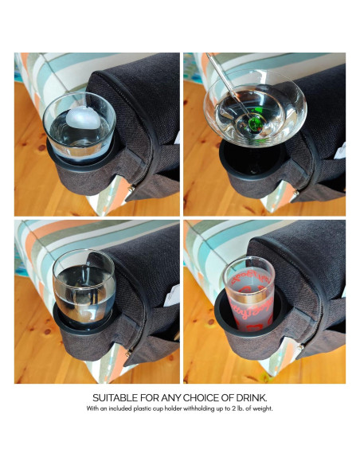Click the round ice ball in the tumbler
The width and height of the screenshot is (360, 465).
tap(84, 119)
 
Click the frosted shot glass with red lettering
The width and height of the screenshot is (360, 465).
tap(248, 295)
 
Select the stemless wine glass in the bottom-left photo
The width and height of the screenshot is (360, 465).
tap(84, 290)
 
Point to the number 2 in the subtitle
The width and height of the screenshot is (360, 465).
tap(233, 408)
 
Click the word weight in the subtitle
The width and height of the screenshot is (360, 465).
tap(262, 408)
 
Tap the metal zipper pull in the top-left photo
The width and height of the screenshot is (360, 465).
tap(131, 188)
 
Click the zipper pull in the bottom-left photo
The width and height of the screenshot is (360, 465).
tap(128, 353)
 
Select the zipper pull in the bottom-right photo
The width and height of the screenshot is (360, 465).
tap(301, 346)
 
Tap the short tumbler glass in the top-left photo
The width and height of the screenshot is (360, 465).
tap(79, 127)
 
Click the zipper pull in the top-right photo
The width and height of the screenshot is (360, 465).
tap(295, 193)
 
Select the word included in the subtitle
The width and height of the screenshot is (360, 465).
tap(120, 408)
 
